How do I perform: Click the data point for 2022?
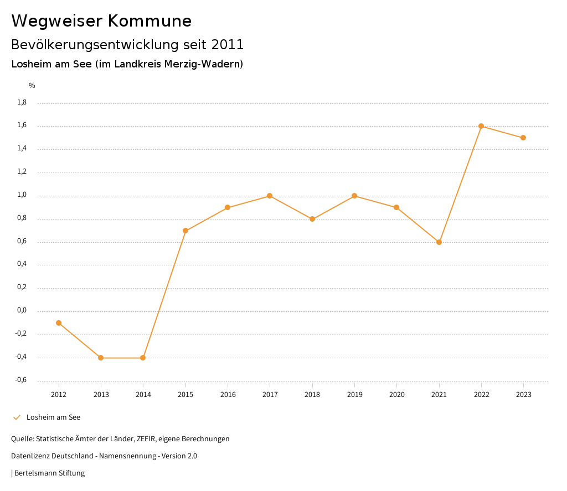coord(481,126)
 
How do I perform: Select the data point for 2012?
coord(59,323)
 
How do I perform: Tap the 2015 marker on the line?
coord(185,231)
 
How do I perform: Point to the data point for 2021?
coord(439,242)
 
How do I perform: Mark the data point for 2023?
coord(523,138)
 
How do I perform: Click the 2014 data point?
coord(143,358)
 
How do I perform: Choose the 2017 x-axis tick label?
coord(270,395)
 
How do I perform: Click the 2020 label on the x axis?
coord(396,395)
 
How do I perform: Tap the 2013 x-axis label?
coord(101,395)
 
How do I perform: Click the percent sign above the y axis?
coord(32,86)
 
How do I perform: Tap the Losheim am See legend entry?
coord(53,417)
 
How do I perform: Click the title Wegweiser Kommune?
coord(101,21)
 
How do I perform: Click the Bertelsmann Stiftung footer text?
coord(49,473)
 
